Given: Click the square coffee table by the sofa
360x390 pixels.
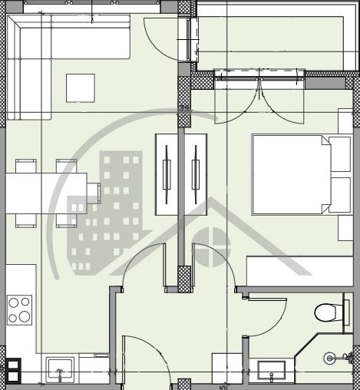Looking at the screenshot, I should [81, 88].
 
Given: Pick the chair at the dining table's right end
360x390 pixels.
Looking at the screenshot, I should [94, 192].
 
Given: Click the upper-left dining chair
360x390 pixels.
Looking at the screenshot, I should [26, 165].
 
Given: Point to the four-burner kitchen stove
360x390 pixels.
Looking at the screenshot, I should [20, 309].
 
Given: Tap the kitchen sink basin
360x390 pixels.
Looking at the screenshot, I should [60, 369].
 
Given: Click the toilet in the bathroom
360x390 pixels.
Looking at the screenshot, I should [327, 312].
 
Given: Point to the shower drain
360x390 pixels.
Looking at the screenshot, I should [330, 358].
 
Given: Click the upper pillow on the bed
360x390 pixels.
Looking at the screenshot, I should [340, 154].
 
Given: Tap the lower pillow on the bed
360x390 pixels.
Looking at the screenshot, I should [340, 194].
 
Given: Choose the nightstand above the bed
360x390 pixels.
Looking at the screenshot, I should [345, 121].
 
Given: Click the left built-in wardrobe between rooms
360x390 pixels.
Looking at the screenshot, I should [167, 174].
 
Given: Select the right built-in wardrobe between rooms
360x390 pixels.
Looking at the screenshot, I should [196, 174].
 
